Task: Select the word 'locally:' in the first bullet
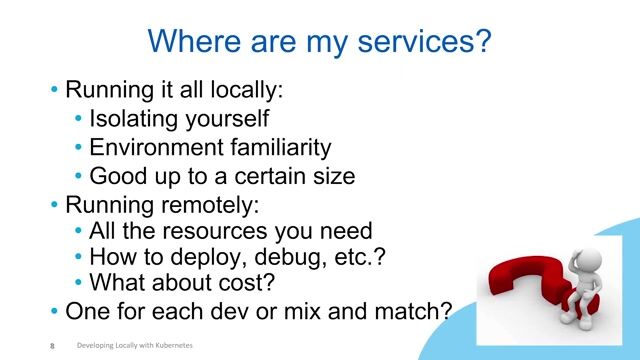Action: [249, 89]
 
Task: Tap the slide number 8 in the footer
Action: [51, 346]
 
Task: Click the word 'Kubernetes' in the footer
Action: [170, 346]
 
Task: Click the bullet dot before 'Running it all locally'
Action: [55, 90]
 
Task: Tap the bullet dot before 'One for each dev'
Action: [55, 312]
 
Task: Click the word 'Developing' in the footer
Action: [96, 346]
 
